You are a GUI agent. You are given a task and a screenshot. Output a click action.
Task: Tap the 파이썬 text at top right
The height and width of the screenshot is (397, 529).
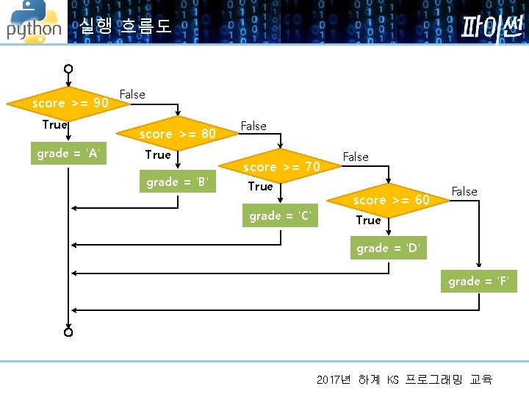tap(491, 27)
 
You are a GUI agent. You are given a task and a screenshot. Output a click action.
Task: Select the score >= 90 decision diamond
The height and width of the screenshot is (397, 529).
tap(70, 104)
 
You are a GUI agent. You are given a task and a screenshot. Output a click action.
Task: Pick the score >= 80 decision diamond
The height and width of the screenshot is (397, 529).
tap(178, 134)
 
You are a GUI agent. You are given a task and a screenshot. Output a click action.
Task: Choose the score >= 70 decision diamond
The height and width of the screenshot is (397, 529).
tap(281, 167)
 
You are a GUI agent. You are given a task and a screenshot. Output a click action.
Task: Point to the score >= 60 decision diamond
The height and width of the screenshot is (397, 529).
tap(391, 200)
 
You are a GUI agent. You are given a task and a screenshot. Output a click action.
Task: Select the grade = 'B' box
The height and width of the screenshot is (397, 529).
tap(178, 182)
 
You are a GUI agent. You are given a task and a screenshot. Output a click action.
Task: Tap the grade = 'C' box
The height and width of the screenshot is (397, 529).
tap(281, 216)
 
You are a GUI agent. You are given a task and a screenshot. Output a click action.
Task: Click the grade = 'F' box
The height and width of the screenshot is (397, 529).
tap(479, 282)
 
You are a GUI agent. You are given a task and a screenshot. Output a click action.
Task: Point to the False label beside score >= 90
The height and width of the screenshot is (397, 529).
tap(132, 94)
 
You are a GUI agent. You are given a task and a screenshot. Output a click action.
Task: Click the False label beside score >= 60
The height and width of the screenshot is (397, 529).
tap(464, 191)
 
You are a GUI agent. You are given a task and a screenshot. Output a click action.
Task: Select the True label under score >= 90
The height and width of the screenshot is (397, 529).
tap(55, 125)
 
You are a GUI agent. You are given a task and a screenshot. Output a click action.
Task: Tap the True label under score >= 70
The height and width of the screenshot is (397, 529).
tap(260, 187)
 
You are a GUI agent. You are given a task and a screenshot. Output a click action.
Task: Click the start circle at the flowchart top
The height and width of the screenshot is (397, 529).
tap(68, 69)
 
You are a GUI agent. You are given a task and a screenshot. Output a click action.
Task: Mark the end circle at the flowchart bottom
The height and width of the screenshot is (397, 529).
tap(68, 332)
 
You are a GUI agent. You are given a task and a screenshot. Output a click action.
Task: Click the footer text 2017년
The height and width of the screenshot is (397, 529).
tap(334, 380)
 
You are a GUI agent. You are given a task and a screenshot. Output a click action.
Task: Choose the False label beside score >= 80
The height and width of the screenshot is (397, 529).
tap(253, 126)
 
